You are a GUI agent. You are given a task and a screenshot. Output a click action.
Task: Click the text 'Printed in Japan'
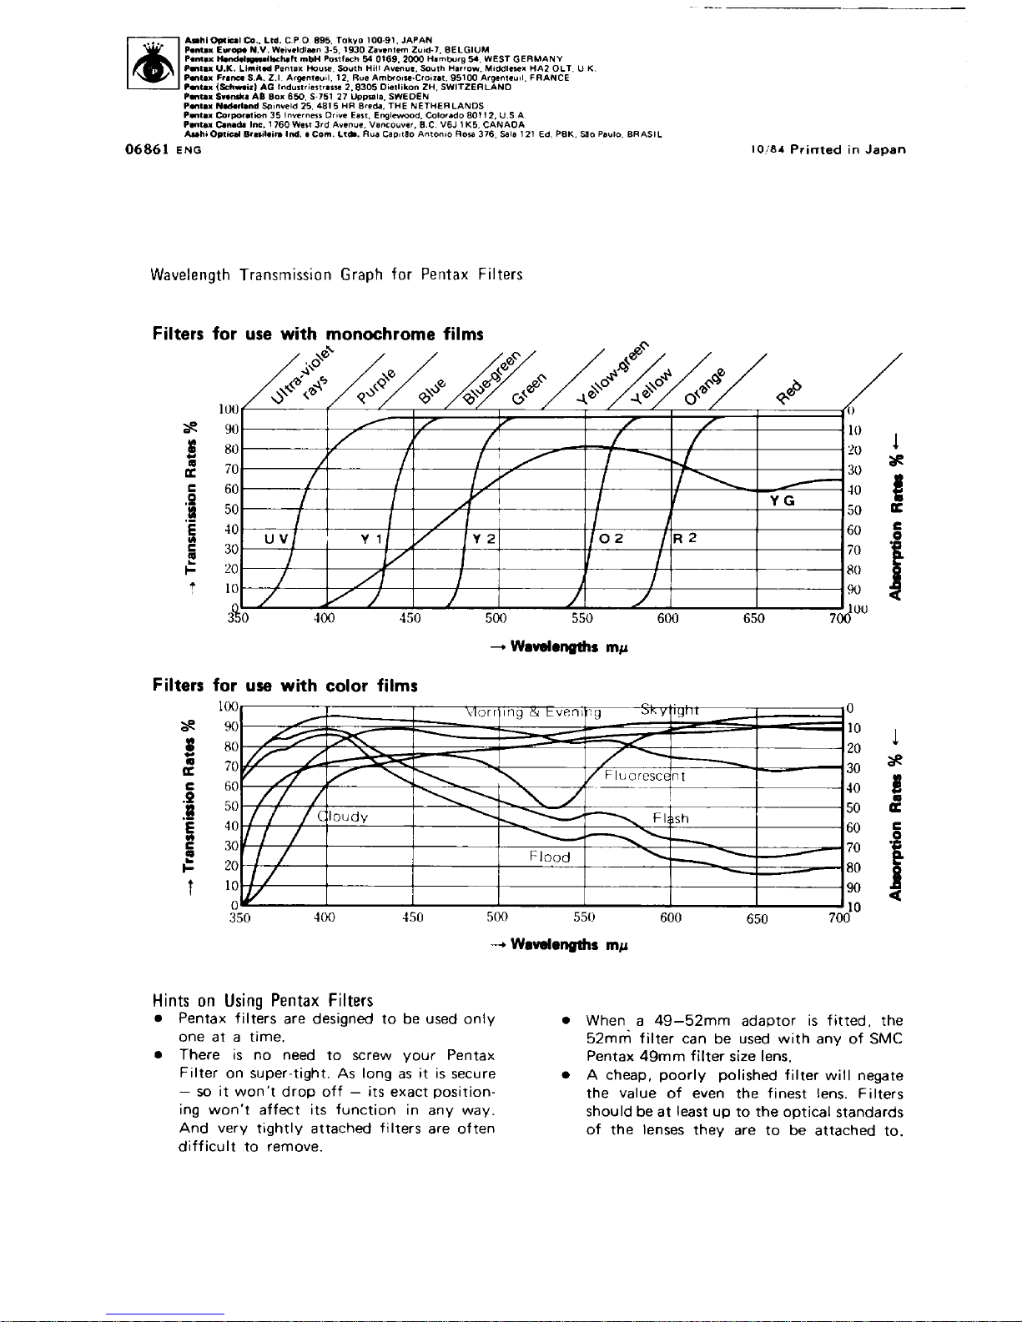tap(848, 150)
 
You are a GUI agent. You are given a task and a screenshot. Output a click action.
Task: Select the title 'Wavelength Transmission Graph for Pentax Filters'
tap(337, 275)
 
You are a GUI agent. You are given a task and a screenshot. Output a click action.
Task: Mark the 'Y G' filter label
tap(783, 500)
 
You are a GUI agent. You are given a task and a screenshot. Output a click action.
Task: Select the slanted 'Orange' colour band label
tap(705, 385)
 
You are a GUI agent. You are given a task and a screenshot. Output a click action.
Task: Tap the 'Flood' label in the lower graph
tap(550, 857)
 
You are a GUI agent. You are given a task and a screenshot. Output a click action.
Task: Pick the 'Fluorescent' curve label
tap(645, 777)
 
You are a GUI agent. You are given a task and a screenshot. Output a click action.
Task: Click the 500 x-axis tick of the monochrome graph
tap(496, 619)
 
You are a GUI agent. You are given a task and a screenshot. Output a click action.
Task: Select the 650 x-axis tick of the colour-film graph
tap(757, 918)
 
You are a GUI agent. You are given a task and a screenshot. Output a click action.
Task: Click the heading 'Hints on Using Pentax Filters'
tap(263, 1000)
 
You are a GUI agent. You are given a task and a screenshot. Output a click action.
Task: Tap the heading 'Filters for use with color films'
tap(285, 686)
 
